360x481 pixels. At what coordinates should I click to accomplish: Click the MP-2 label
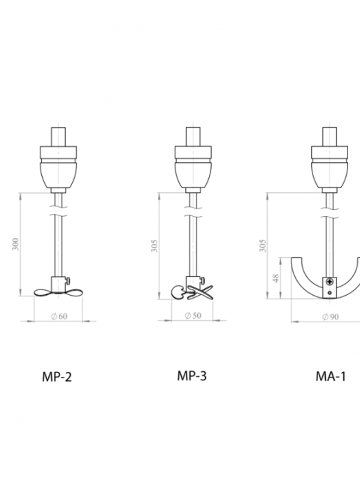click(57, 377)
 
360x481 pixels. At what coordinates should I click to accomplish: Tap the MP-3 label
click(192, 376)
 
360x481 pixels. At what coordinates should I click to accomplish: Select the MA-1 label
click(331, 376)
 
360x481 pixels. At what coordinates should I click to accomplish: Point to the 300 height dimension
click(15, 244)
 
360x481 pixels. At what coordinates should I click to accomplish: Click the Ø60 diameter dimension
click(59, 316)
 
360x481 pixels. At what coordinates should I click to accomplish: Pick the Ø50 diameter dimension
click(193, 315)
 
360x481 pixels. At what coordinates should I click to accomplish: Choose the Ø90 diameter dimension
click(331, 317)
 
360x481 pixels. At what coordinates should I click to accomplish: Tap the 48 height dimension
click(275, 278)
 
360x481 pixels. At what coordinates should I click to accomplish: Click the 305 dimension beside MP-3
click(155, 245)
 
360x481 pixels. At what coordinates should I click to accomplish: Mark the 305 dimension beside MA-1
click(263, 245)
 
